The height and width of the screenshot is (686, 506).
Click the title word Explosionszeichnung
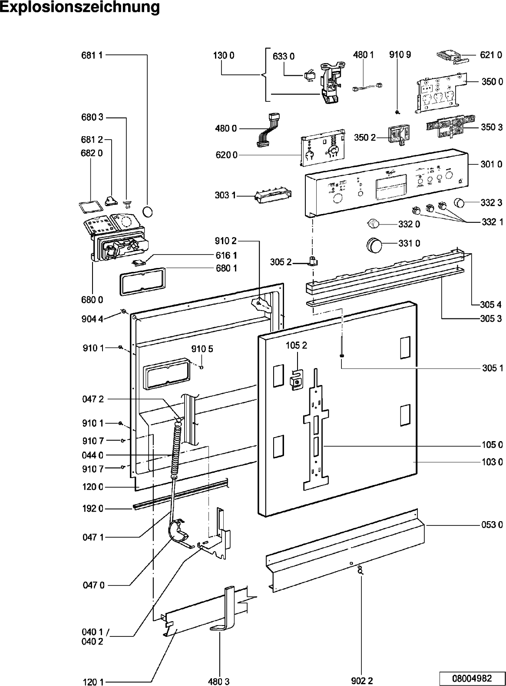79,8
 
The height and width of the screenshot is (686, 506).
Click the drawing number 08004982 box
472,678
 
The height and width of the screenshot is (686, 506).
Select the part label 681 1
92,55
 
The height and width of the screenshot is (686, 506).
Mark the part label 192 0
93,509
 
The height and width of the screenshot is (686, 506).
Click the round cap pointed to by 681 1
148,211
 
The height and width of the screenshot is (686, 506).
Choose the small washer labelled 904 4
123,311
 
